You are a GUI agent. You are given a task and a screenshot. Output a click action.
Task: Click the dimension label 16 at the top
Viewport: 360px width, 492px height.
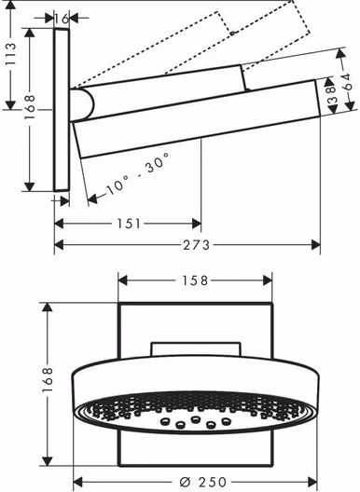[x=62, y=19]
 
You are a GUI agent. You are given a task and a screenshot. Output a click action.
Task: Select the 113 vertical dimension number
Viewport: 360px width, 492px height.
[x=10, y=54]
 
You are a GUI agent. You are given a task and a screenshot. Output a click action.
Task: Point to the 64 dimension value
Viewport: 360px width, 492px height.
[x=346, y=82]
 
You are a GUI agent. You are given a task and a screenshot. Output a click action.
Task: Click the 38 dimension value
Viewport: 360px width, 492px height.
[x=332, y=95]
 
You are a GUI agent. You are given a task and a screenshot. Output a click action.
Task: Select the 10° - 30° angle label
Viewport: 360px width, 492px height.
[x=138, y=173]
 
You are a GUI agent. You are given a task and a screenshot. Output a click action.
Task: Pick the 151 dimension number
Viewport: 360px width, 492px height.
[x=129, y=224]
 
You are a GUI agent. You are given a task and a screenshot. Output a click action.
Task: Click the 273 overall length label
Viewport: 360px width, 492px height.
[x=197, y=245]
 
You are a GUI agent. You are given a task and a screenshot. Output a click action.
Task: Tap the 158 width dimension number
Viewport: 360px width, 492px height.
[x=195, y=280]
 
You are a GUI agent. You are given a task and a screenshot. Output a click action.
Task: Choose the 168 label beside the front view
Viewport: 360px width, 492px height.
[x=48, y=379]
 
